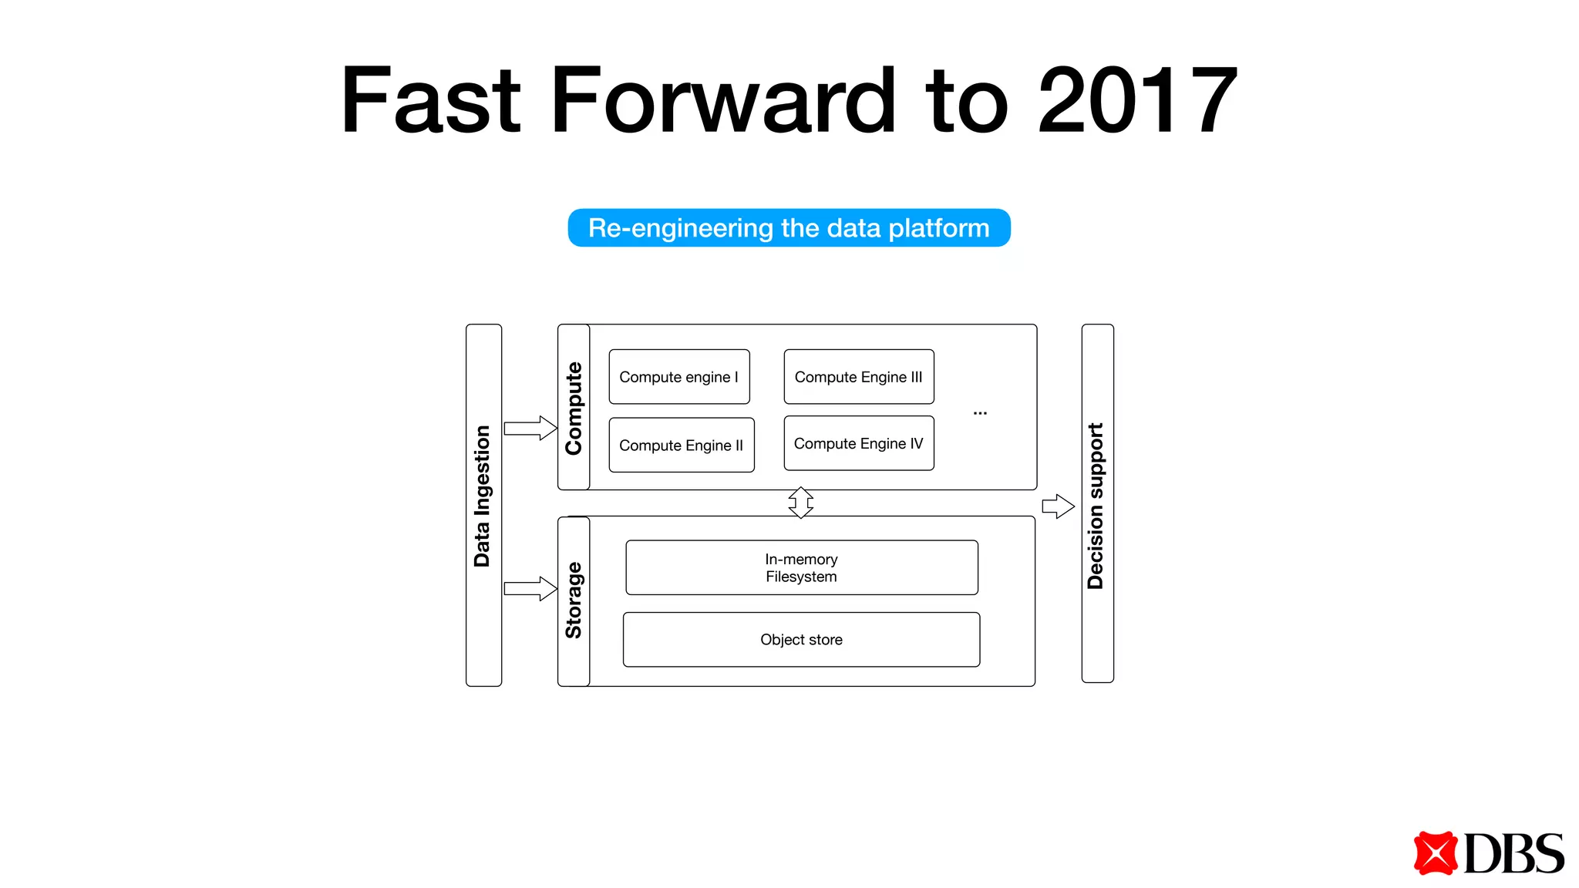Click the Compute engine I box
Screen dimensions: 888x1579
(x=678, y=377)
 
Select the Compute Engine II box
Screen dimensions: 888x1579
(x=681, y=445)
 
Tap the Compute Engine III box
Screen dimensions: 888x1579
(x=858, y=377)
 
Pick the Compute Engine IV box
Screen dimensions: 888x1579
(x=858, y=443)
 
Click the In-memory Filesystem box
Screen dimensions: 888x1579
(x=801, y=567)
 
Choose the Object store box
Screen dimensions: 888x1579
(x=801, y=639)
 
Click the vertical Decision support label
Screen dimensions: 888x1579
(x=1096, y=505)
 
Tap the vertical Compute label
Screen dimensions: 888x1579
(x=574, y=408)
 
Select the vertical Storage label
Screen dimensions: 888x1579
(x=574, y=600)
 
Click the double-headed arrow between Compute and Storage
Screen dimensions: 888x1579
(x=801, y=503)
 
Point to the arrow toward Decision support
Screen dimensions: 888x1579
(x=1058, y=506)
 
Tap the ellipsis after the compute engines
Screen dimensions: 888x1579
(x=980, y=413)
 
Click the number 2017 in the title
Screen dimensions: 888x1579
(x=1137, y=100)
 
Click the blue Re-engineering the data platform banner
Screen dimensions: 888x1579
(x=789, y=228)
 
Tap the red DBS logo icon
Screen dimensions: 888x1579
(x=1435, y=853)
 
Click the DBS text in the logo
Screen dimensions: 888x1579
(x=1513, y=853)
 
